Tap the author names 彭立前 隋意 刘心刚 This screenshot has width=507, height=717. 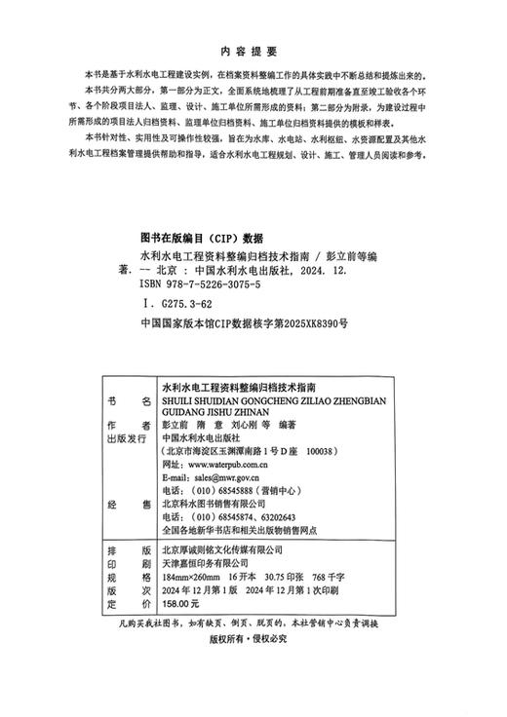click(x=213, y=424)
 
